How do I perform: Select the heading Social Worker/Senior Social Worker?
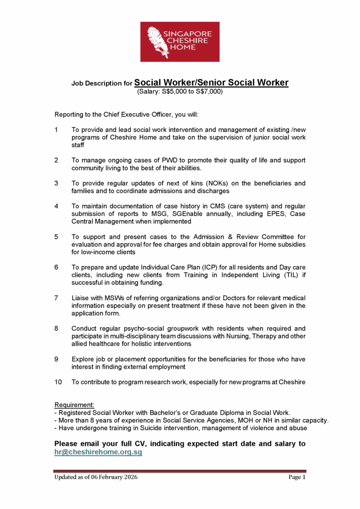(211, 83)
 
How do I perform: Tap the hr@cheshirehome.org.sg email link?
(98, 452)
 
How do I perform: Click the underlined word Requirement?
(74, 405)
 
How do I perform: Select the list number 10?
(58, 382)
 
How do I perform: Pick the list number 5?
(56, 237)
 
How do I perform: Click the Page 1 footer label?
(296, 477)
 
